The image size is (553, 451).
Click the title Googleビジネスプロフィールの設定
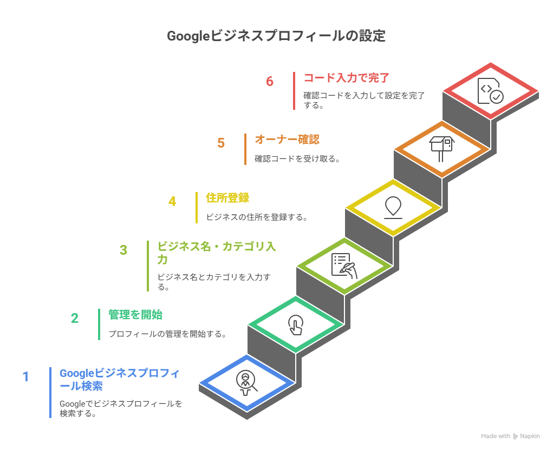tap(276, 36)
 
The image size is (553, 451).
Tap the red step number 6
tap(270, 81)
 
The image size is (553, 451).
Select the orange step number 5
tap(221, 143)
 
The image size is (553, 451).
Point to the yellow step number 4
tap(172, 201)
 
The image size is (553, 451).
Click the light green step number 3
tap(123, 250)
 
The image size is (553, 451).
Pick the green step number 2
tap(74, 319)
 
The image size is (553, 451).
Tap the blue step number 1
tap(26, 377)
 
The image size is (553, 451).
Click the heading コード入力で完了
tap(346, 78)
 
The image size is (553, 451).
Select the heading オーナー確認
tap(287, 140)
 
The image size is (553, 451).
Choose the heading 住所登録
tap(227, 198)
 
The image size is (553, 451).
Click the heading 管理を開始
tap(135, 315)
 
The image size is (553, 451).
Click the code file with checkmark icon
tap(490, 91)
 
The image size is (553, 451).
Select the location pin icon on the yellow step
tap(393, 207)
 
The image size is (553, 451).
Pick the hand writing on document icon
tap(344, 266)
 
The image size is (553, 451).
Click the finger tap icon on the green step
tap(296, 324)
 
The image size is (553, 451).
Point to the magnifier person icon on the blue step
tap(246, 383)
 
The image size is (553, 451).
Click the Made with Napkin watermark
tap(510, 436)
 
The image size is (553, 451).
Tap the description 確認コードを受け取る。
tap(298, 159)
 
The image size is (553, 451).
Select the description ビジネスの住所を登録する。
tap(257, 217)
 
